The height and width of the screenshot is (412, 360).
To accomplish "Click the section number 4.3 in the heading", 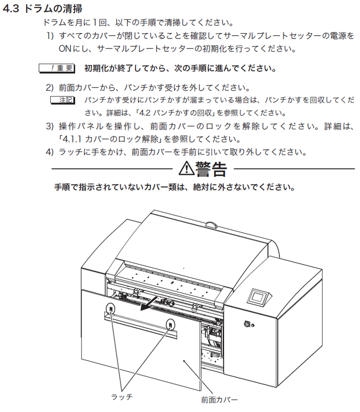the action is [11, 9].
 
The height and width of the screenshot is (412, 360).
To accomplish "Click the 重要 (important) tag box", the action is [57, 68].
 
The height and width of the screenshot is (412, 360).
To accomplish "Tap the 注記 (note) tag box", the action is [63, 100].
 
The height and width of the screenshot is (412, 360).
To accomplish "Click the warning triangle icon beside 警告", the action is [186, 169].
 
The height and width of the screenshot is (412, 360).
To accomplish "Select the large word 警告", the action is [211, 169].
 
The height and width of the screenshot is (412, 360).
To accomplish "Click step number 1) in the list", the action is [50, 35].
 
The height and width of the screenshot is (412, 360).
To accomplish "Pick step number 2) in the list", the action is [50, 88].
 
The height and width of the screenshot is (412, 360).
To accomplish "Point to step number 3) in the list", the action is [50, 126].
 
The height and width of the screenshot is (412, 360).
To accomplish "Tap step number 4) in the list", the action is [50, 152].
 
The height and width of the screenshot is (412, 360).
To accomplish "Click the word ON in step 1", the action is [65, 49].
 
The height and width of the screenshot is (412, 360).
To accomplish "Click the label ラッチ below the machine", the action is [122, 397].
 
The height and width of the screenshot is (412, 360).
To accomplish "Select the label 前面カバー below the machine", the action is [219, 400].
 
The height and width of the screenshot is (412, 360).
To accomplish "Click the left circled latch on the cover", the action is [110, 308].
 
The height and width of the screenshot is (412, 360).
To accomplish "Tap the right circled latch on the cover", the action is [171, 325].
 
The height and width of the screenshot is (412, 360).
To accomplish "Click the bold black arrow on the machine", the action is [150, 304].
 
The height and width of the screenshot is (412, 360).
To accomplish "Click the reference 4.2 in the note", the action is [145, 113].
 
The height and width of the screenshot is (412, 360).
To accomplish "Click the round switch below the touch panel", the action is [246, 324].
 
